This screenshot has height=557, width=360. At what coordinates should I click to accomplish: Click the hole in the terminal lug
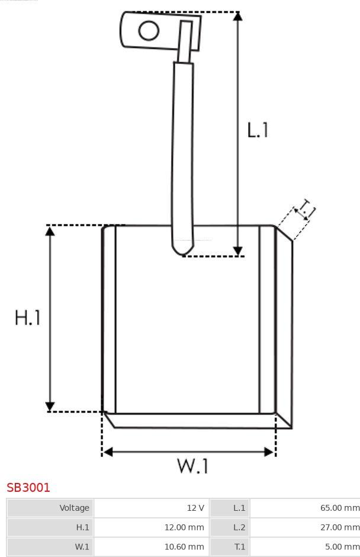[x=149, y=31]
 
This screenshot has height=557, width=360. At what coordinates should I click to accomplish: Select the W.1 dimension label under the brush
[x=192, y=466]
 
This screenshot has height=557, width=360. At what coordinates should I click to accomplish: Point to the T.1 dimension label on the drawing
[x=306, y=209]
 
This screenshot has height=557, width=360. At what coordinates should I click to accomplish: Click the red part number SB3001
[x=28, y=487]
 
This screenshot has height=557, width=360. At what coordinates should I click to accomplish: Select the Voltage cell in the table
[x=50, y=508]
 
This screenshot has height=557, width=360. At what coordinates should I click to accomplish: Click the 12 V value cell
[x=152, y=508]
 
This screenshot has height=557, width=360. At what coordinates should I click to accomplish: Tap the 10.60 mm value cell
[x=152, y=547]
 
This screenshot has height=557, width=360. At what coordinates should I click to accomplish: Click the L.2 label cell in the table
[x=229, y=527]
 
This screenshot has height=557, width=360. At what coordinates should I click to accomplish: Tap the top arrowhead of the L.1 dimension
[x=238, y=17]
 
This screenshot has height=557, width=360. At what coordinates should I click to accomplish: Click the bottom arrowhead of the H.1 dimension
[x=50, y=406]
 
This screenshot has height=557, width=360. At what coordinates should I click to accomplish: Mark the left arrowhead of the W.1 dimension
[x=108, y=452]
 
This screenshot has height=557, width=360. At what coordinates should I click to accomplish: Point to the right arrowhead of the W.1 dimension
[x=269, y=452]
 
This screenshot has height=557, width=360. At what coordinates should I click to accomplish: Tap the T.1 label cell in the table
[x=229, y=547]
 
